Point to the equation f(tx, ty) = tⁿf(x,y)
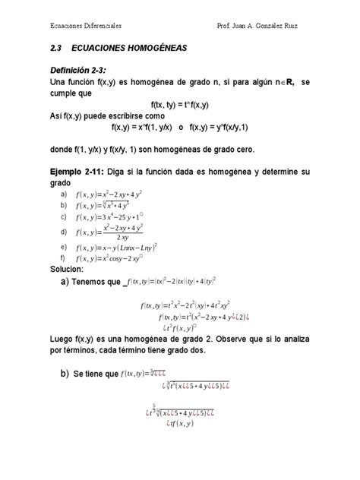[180, 106]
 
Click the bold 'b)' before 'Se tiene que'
[56, 374]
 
